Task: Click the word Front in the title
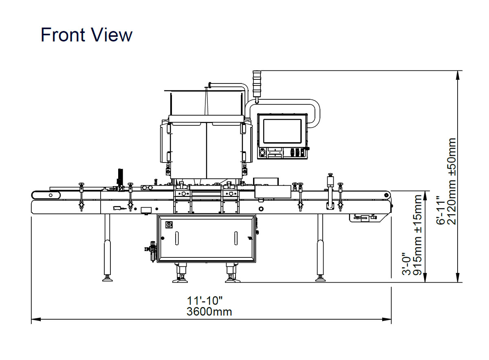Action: click(63, 35)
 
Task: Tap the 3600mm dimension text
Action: click(209, 312)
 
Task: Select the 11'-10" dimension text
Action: click(205, 301)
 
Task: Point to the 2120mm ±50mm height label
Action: click(452, 181)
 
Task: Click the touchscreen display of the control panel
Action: click(282, 131)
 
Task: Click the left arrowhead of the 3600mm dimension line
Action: click(36, 319)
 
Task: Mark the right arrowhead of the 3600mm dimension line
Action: click(386, 319)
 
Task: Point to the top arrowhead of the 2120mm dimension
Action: click(458, 75)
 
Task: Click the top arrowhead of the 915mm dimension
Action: click(425, 196)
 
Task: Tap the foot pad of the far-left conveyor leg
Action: click(108, 279)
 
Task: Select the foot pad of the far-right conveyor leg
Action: click(320, 279)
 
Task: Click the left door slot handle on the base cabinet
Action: click(177, 238)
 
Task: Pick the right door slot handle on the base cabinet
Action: click(236, 238)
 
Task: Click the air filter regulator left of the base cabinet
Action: click(152, 251)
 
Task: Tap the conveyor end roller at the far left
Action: click(46, 195)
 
